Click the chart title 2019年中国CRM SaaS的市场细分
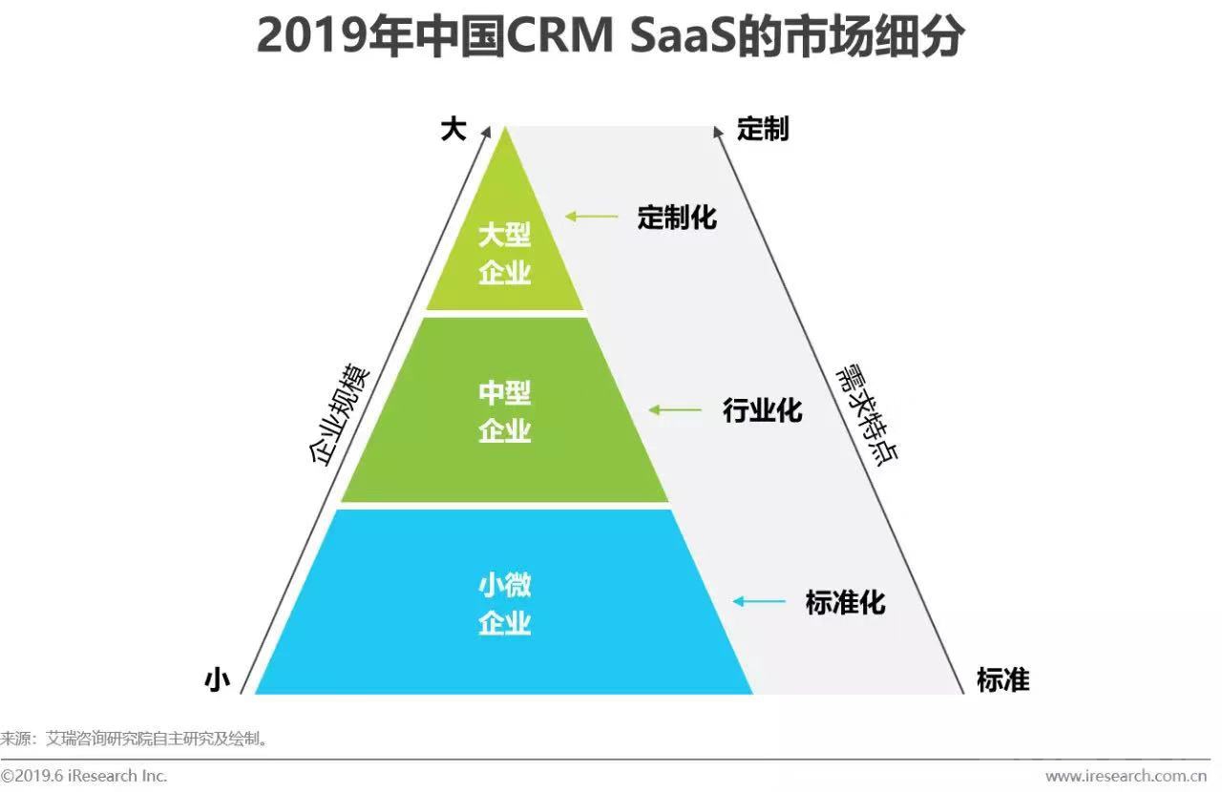coord(610,38)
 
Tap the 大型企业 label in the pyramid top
coord(504,254)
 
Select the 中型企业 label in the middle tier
coord(504,412)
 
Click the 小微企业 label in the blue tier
coord(504,604)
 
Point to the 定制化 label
coord(677,218)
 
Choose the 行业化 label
coord(762,411)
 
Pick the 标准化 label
coord(845,603)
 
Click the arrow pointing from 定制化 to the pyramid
coord(591,217)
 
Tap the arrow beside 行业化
coord(675,410)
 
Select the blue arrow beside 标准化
coord(758,601)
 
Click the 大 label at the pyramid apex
coord(453,129)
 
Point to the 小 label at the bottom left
coord(218,679)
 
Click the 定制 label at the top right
coord(763,130)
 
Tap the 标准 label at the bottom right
coord(1002,679)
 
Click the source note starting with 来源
coord(134,738)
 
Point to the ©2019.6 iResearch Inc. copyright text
coord(84,775)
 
